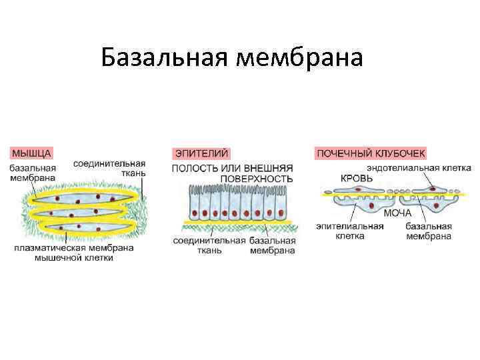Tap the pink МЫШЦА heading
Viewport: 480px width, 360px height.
point(31,153)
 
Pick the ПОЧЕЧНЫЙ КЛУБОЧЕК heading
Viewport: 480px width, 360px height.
point(370,153)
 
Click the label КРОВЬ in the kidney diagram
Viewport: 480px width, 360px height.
point(358,178)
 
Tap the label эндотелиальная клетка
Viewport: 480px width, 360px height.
point(419,167)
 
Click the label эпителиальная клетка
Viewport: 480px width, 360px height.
point(350,231)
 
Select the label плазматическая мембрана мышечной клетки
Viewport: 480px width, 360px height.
point(73,253)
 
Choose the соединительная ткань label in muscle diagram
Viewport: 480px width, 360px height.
point(109,167)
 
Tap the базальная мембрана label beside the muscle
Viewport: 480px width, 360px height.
point(33,173)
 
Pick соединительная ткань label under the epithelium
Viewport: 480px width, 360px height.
point(209,245)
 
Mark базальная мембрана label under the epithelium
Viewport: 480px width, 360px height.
point(273,245)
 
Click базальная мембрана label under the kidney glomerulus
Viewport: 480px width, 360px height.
point(429,231)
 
